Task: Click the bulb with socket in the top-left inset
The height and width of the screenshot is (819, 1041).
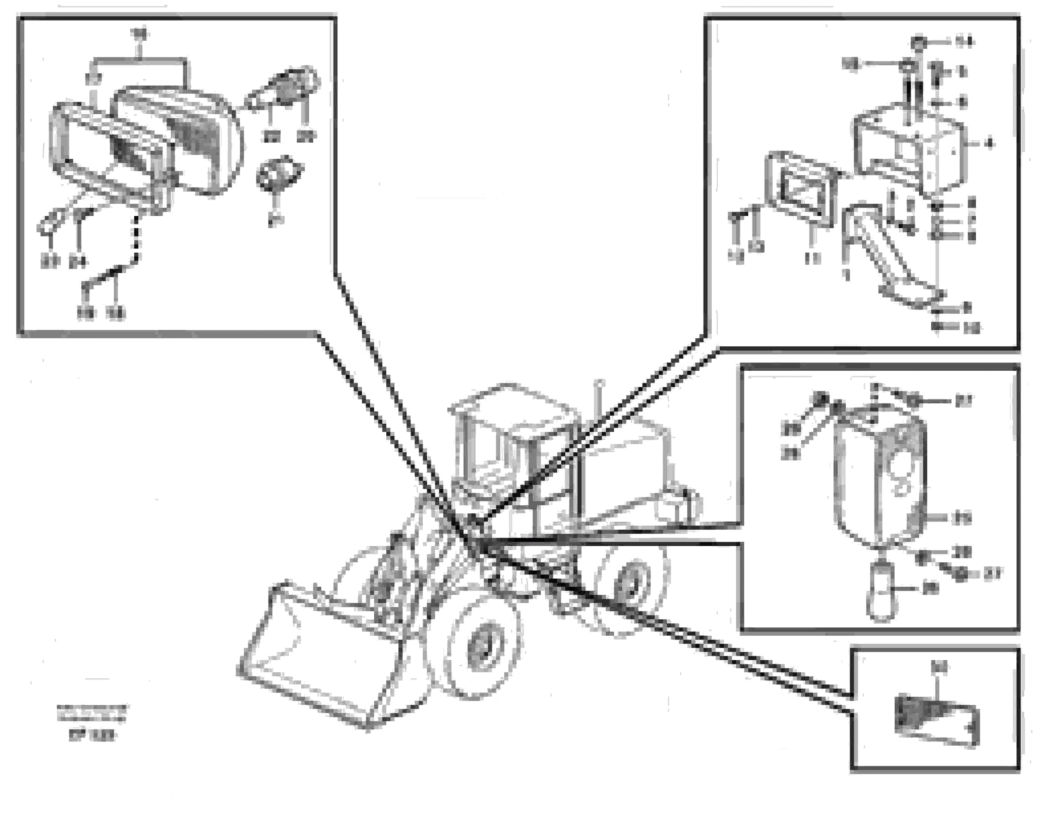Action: [288, 89]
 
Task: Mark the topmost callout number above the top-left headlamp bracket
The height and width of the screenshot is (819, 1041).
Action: [139, 33]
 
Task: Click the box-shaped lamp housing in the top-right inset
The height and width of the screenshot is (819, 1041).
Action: [906, 149]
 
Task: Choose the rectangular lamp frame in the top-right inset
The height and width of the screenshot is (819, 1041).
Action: [801, 192]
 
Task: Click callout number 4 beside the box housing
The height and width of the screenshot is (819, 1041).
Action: [988, 143]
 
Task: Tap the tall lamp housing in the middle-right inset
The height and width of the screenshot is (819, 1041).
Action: [880, 479]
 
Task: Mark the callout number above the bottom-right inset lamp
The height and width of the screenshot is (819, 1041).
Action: [938, 666]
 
